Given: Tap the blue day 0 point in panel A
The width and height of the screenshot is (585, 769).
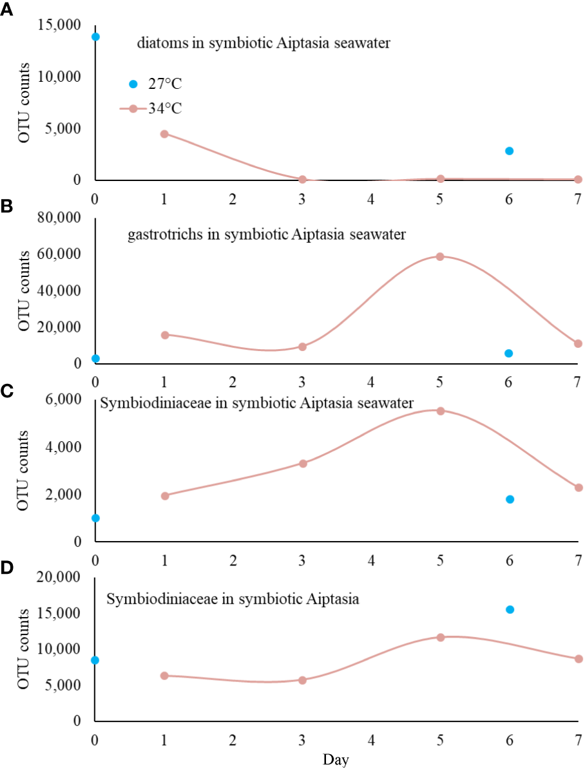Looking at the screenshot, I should tap(95, 37).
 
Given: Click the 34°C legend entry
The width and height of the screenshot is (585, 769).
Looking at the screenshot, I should tap(151, 109).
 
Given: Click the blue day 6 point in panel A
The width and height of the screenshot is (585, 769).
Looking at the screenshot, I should tap(509, 151).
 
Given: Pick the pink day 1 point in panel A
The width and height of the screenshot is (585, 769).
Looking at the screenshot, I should tap(164, 134).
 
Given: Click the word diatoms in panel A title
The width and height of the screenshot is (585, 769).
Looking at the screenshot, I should tap(158, 44).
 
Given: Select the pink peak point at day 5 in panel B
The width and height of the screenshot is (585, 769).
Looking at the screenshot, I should tap(440, 256).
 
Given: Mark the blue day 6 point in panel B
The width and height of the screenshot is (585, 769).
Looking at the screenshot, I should tap(509, 353).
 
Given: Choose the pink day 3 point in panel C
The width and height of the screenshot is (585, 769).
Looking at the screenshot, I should tap(302, 463).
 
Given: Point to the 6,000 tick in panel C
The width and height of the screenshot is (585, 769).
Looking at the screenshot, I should tap(62, 399).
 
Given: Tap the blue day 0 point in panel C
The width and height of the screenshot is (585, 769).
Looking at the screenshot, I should tap(95, 518).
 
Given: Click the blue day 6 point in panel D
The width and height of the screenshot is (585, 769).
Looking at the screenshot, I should tap(509, 609).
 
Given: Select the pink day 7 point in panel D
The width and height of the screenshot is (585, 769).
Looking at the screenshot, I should tap(578, 659).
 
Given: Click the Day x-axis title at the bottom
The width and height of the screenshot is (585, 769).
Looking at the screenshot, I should tap(336, 760).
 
